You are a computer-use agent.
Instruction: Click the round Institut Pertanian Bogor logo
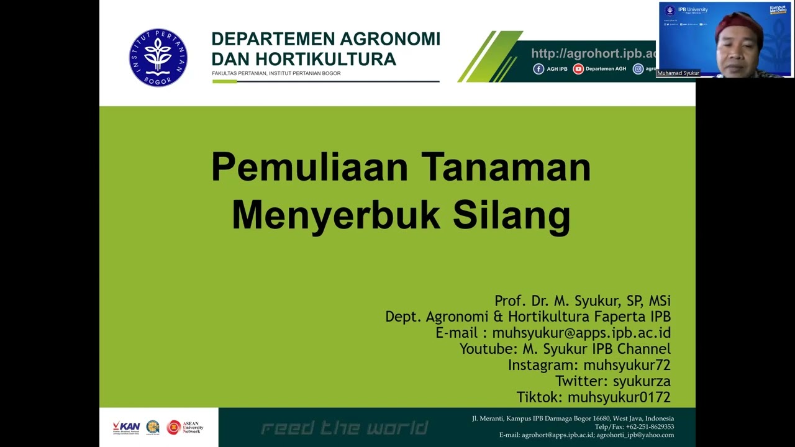[158, 58]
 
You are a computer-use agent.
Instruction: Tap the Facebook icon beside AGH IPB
[538, 69]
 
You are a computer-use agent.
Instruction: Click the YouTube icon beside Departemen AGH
[578, 69]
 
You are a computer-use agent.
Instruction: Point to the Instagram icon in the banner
[638, 69]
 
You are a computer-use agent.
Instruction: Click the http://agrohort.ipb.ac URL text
[593, 54]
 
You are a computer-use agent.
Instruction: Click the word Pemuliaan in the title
[309, 168]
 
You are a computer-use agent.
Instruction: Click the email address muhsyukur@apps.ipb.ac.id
[581, 333]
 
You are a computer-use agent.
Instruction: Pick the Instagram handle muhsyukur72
[627, 365]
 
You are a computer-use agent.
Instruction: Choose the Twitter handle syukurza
[641, 381]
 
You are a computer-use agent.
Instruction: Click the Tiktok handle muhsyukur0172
[619, 397]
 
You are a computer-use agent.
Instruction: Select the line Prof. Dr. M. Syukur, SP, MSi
[582, 300]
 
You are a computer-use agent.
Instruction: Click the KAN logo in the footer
[126, 427]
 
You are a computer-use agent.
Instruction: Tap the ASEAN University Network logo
[184, 427]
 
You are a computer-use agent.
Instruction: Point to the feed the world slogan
[344, 428]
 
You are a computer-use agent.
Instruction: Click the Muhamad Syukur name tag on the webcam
[678, 73]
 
